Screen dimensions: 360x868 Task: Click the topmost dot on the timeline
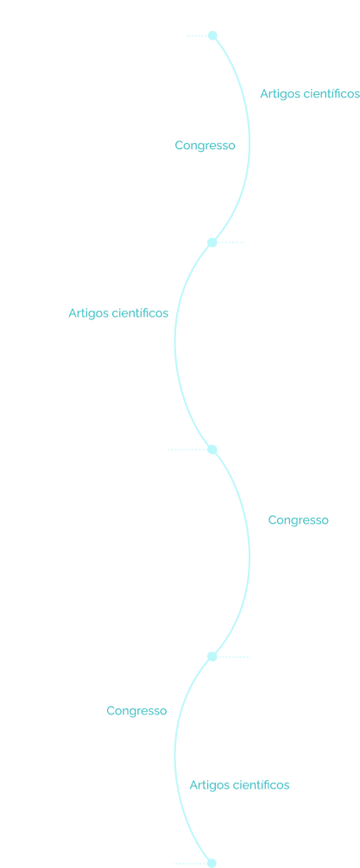tap(212, 35)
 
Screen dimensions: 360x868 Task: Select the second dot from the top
tap(212, 242)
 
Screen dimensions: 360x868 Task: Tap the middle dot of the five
tap(212, 450)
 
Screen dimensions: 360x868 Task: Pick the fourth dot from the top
tap(212, 657)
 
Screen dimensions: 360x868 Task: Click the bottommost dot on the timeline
tap(212, 863)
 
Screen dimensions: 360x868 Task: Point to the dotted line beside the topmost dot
tap(197, 36)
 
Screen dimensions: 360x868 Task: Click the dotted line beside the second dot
tap(231, 242)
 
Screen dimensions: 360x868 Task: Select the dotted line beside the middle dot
tap(187, 450)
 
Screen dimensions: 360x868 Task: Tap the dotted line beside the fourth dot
tap(233, 657)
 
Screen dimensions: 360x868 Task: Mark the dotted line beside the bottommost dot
tap(190, 864)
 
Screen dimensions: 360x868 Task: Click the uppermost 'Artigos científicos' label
tap(310, 94)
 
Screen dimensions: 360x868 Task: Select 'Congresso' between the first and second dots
tap(205, 146)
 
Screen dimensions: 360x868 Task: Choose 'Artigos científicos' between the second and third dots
tap(118, 313)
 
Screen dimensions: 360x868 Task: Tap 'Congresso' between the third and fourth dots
tap(299, 520)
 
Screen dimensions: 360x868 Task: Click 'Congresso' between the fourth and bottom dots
tap(136, 711)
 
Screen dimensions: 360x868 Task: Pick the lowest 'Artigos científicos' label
tap(239, 785)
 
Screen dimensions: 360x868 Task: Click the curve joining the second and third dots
tap(175, 343)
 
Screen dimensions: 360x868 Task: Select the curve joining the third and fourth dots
tap(249, 554)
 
